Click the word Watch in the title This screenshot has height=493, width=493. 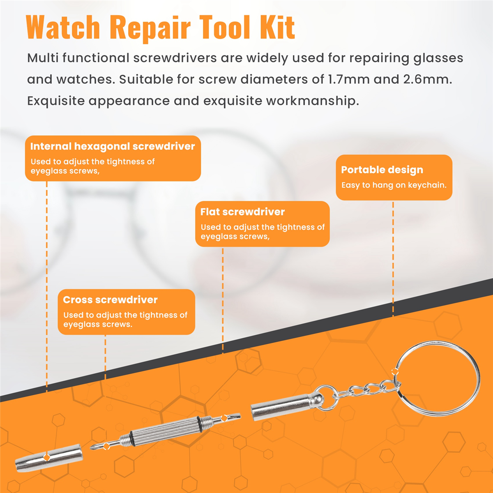63,27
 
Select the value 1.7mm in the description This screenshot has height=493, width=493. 349,79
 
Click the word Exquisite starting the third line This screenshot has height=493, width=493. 56,101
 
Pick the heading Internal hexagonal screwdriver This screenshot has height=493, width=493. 113,146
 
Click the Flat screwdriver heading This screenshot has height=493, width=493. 242,212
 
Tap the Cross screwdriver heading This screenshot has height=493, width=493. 110,299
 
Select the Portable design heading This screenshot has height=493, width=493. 382,170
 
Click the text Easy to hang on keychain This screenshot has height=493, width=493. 394,185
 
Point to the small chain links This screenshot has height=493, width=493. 367,389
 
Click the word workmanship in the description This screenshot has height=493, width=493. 313,101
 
